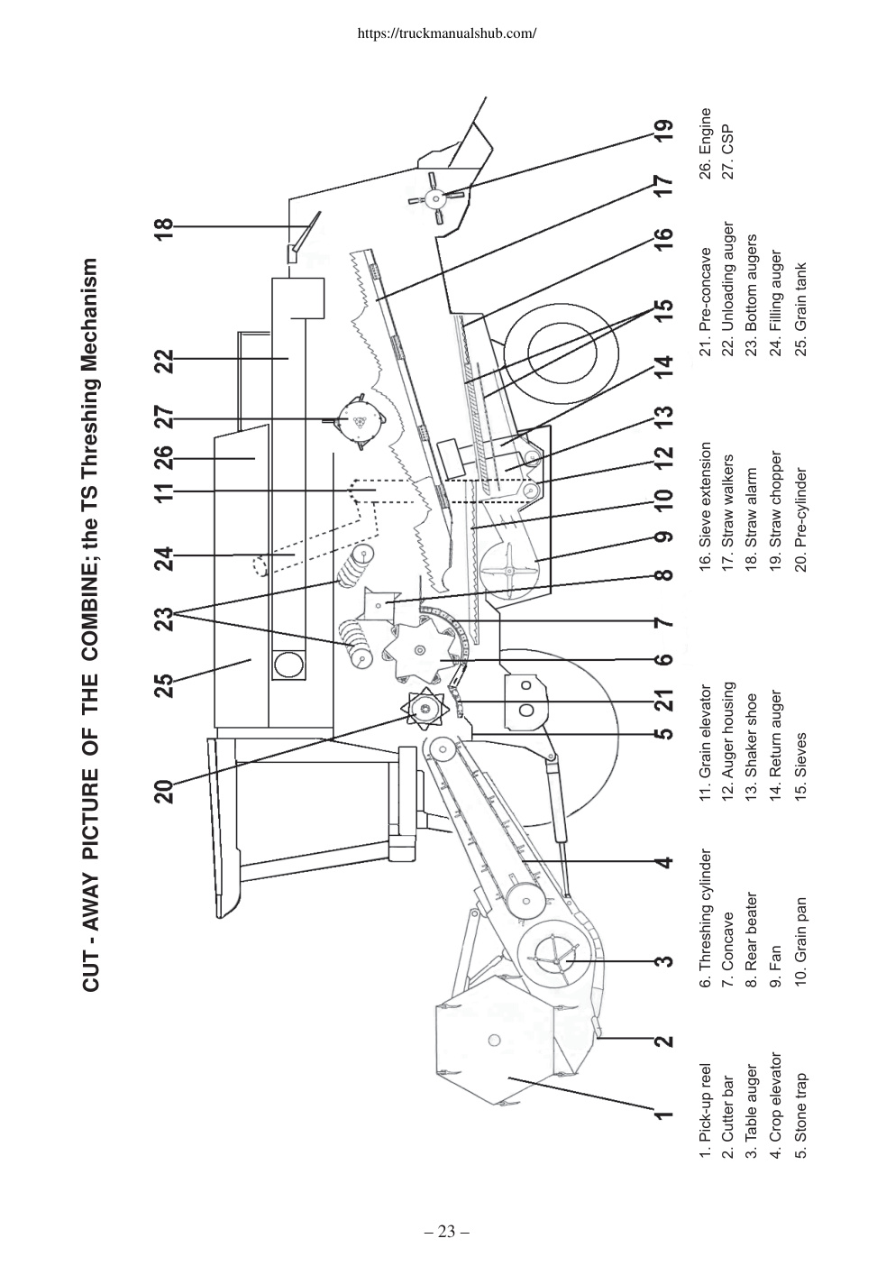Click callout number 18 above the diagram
[166, 229]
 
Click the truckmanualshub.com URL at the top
[446, 32]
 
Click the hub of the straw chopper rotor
[435, 197]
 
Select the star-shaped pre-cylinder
[424, 710]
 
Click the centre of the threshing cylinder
[419, 650]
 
